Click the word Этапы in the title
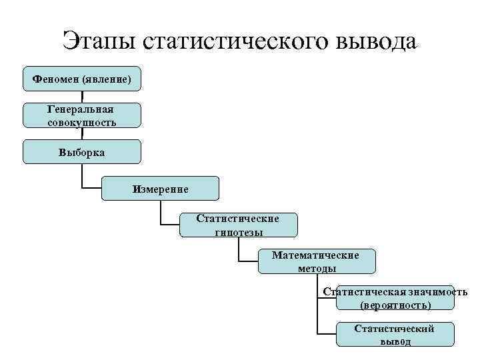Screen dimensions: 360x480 [x=99, y=41]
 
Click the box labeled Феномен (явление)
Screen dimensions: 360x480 [x=82, y=79]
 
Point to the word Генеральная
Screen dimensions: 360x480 [x=81, y=109]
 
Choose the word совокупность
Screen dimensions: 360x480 [x=81, y=122]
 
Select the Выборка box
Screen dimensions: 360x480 [x=82, y=152]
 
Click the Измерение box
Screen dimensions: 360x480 [x=160, y=189]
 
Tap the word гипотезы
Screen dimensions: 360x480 [x=239, y=232]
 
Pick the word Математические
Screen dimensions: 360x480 [x=315, y=255]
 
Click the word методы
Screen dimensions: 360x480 [x=317, y=268]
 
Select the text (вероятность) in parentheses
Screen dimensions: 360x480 [x=395, y=305]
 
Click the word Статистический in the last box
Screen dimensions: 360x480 [x=394, y=329]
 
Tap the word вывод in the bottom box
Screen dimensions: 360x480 [x=395, y=341]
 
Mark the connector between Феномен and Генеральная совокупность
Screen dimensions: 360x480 [x=82, y=97]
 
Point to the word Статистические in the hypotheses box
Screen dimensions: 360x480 [x=238, y=219]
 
